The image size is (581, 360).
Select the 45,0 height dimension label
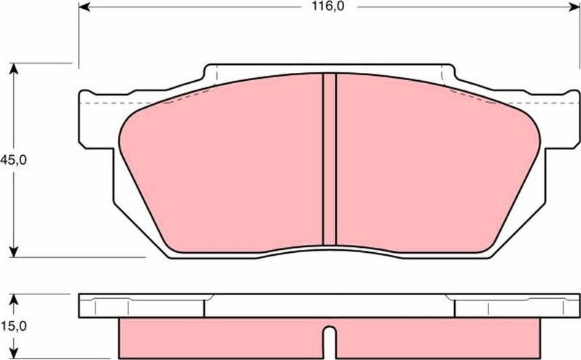pos(13,160)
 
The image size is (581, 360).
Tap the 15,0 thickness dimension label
pos(13,326)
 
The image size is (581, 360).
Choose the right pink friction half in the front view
pos(430,168)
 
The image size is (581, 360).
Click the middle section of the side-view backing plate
pos(329,305)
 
